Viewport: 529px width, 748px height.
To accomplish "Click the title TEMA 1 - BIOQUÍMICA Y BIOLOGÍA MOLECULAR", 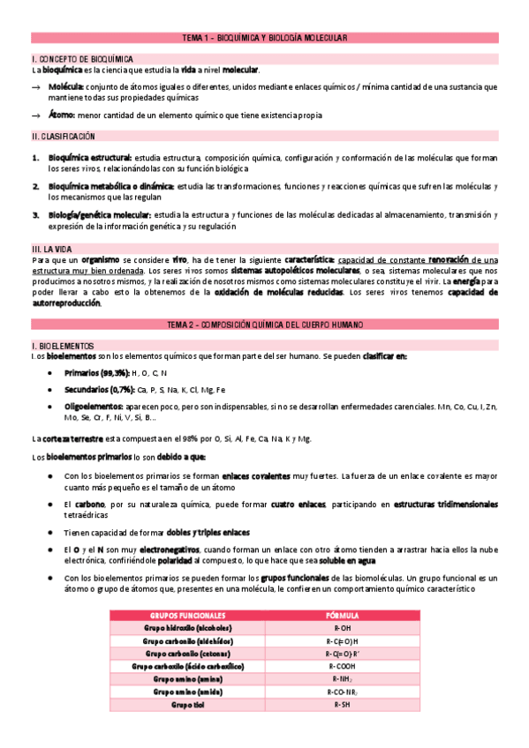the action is click(x=264, y=38).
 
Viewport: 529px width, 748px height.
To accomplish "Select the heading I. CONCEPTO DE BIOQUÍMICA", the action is click(x=71, y=58).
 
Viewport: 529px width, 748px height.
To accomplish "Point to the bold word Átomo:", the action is click(x=62, y=116).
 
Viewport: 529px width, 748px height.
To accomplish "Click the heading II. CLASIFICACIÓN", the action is click(x=64, y=137).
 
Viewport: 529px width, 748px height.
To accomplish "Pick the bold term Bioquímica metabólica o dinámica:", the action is click(x=111, y=186).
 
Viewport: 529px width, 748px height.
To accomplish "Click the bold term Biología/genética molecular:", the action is click(x=100, y=214).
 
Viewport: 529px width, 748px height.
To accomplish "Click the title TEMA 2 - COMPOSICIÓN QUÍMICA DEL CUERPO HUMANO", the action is click(x=264, y=325).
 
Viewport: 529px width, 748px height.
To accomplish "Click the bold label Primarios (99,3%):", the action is click(x=96, y=374).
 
